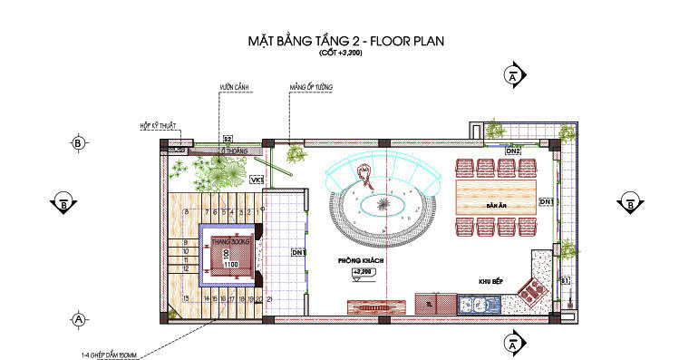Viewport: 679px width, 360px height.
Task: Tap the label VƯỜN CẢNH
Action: tap(233, 87)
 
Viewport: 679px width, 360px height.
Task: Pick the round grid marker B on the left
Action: tap(78, 143)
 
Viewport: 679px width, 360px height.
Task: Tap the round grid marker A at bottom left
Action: tap(78, 319)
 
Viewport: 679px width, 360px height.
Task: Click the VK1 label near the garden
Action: tap(256, 180)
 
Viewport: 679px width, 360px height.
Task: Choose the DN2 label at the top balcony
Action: tap(513, 151)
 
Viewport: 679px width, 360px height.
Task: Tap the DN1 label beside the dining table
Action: tap(547, 200)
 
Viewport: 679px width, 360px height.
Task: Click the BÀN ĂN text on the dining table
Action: tap(495, 207)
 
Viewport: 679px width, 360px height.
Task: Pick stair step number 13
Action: tap(185, 297)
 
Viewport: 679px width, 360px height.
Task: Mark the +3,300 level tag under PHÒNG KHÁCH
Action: tap(363, 271)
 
